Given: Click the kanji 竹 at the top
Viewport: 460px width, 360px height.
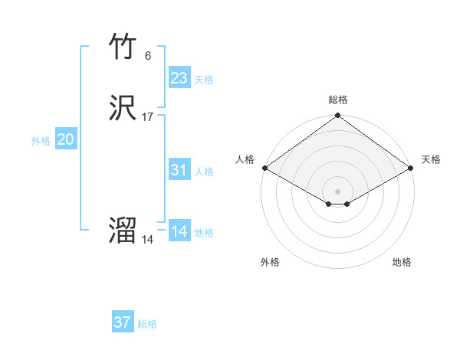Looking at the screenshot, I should click(123, 47).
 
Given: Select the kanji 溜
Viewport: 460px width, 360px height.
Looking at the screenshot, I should click(123, 231).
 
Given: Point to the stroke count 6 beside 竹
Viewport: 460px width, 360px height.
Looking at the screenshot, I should click(147, 56).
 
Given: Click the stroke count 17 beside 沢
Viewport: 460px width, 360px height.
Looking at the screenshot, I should click(148, 117).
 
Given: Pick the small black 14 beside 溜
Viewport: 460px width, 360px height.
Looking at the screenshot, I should click(147, 239).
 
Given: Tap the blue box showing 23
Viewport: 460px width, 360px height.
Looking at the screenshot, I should click(179, 78).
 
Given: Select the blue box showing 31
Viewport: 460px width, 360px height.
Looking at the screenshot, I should click(179, 170).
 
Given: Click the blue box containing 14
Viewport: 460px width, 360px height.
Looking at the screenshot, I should click(179, 231).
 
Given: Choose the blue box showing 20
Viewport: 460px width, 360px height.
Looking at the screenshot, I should click(65, 139).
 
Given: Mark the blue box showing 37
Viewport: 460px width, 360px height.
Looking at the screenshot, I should click(122, 322).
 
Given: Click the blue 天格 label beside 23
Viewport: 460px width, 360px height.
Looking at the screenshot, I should click(204, 80).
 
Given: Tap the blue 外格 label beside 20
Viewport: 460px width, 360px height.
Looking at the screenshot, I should click(41, 141).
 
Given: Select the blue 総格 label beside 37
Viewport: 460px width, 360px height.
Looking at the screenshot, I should click(147, 324).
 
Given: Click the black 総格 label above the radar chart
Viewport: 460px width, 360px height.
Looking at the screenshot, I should click(337, 100).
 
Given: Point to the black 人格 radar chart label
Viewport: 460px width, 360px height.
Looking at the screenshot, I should click(245, 159).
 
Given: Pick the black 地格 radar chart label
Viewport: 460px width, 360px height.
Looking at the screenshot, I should click(402, 262).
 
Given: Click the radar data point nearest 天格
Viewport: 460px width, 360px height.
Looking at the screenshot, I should click(412, 168).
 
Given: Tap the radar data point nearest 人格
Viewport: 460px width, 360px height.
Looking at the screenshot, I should click(264, 168).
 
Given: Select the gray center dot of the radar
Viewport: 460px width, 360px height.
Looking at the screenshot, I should click(337, 191).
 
